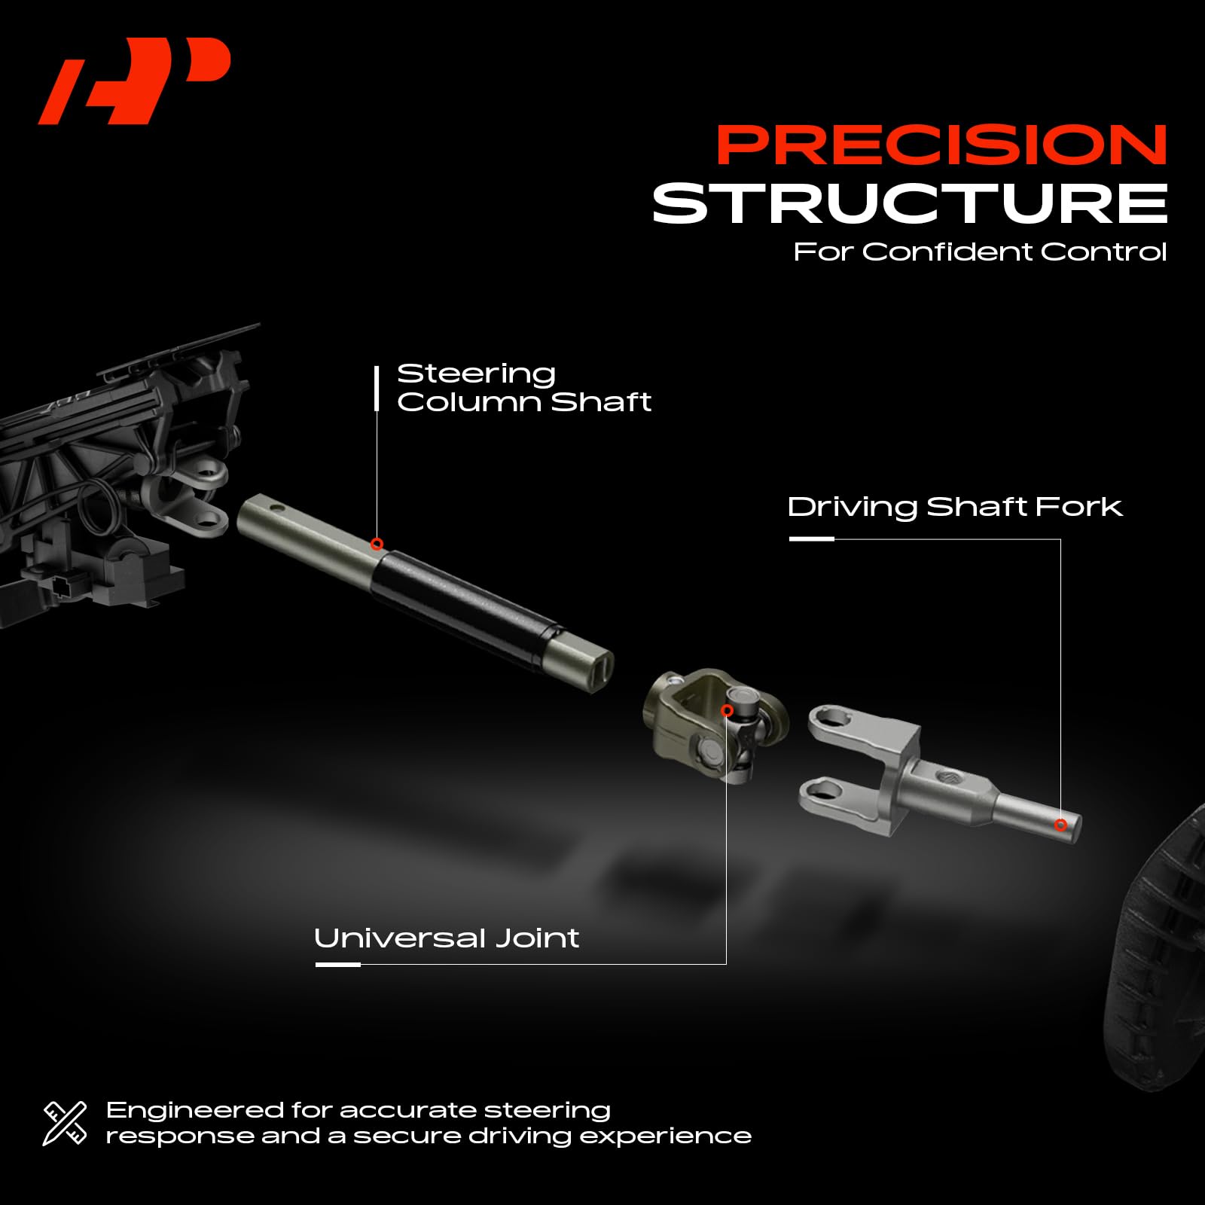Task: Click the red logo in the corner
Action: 134,80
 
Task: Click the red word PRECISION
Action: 941,145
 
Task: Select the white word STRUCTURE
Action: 910,203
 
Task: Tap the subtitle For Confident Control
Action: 980,252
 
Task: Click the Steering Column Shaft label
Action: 523,387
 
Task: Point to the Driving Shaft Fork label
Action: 954,507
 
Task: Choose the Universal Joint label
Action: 447,938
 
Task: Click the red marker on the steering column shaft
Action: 377,545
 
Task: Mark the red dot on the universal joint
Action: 727,711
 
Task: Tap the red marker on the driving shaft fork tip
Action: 1060,825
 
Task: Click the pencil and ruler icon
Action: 65,1123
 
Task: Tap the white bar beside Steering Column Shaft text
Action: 377,389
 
